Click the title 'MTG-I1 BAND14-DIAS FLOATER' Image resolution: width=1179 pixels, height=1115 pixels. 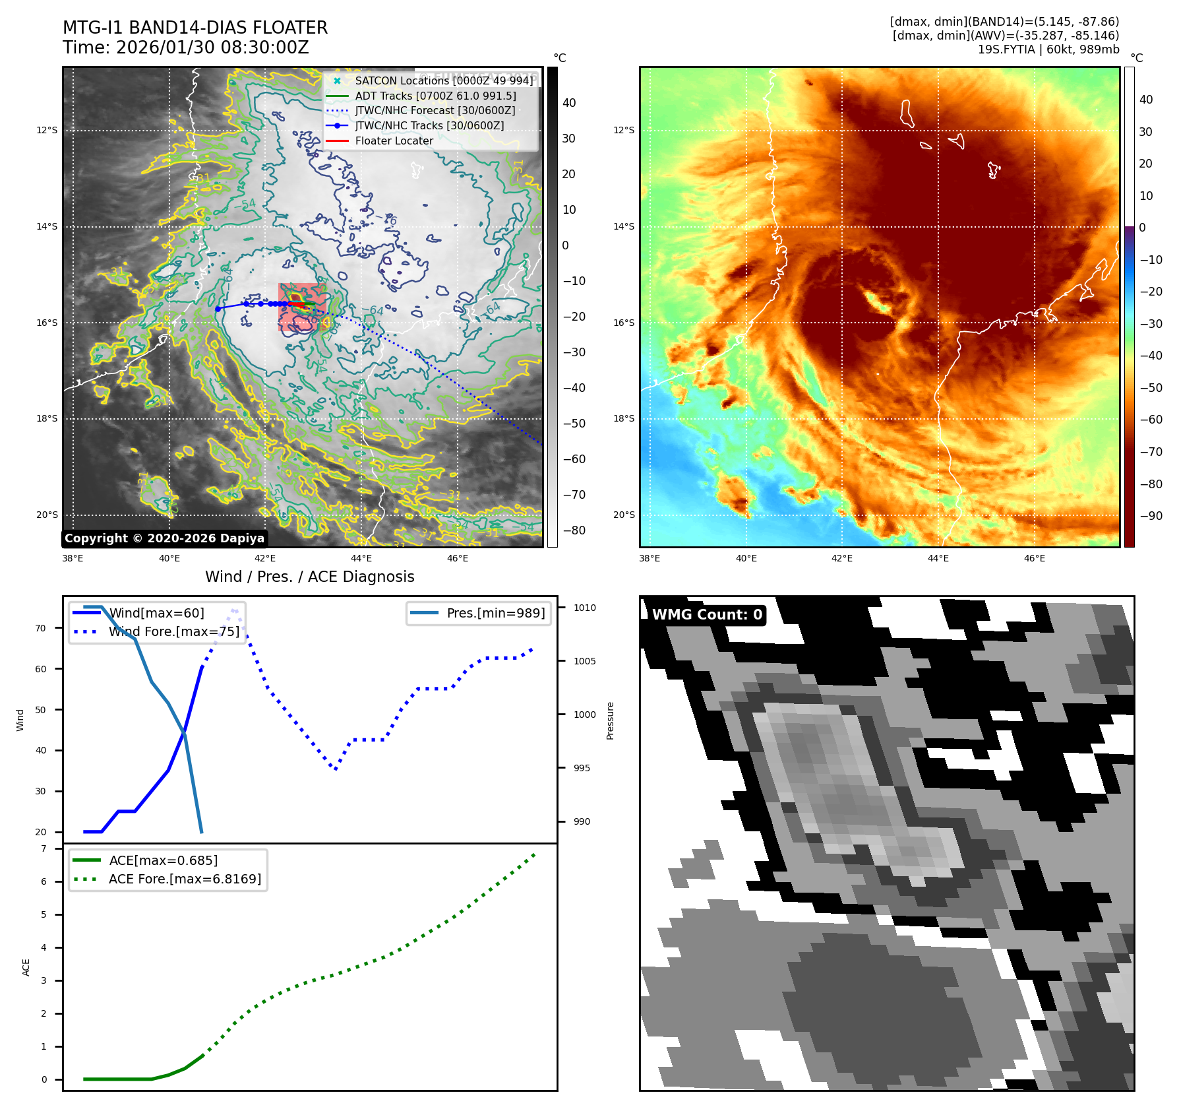[195, 28]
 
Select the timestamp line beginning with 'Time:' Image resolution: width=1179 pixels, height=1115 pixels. [186, 48]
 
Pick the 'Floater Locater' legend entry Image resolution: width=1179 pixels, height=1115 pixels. [394, 141]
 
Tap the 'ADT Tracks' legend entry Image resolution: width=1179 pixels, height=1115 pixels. [435, 96]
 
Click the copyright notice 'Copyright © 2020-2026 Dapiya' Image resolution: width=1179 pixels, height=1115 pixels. [164, 538]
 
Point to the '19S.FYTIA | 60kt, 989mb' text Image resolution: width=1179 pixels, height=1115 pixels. [1048, 49]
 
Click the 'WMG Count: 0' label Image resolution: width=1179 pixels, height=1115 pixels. [707, 615]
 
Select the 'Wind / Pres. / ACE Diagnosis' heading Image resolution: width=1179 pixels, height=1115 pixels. [310, 577]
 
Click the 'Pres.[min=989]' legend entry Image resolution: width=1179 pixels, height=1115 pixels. [495, 613]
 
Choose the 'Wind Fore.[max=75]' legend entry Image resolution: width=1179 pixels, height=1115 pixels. [174, 631]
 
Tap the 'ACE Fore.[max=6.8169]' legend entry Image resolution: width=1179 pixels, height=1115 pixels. [185, 879]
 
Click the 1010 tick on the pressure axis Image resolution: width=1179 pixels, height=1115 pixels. [584, 608]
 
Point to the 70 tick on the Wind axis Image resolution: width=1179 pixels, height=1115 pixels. [41, 628]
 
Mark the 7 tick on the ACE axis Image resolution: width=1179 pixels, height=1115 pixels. [44, 848]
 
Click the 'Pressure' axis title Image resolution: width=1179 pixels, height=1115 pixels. [610, 720]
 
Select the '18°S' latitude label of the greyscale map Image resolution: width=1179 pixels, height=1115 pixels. [47, 418]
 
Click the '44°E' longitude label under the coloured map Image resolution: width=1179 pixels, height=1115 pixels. [938, 558]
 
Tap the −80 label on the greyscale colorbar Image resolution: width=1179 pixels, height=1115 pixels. [574, 530]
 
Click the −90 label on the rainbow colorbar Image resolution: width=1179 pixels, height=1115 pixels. [1151, 516]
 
